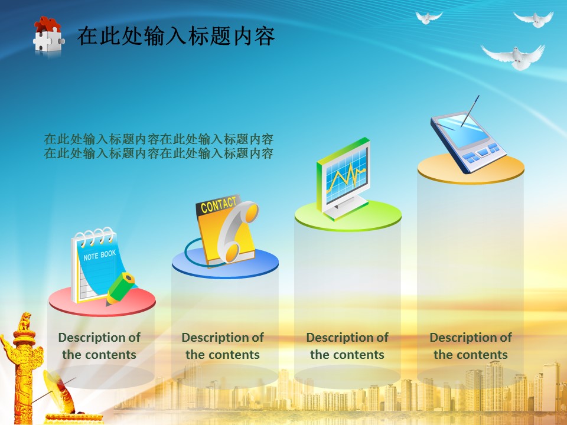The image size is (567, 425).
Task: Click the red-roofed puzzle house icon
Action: [48, 35]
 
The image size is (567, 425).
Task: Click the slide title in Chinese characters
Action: [176, 36]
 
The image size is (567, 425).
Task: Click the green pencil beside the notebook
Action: [120, 289]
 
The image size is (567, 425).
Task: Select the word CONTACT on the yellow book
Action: [218, 205]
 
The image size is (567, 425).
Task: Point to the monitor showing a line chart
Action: [344, 178]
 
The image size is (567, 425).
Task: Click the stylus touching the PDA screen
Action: [470, 111]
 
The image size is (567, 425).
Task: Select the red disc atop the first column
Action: [102, 301]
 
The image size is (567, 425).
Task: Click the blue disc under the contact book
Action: [225, 263]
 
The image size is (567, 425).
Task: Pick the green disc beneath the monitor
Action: [348, 216]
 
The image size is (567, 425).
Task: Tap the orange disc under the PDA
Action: [471, 168]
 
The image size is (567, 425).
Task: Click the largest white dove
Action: [513, 57]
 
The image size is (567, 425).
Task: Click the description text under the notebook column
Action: [99, 346]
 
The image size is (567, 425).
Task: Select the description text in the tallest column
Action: [471, 346]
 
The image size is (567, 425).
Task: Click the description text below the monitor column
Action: [347, 346]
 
